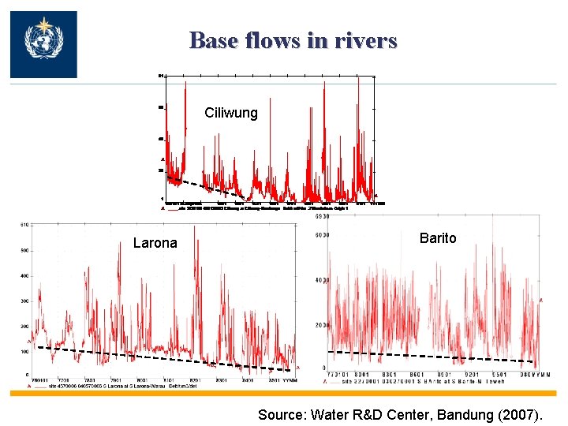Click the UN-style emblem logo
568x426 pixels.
tap(43, 44)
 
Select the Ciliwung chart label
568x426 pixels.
tap(230, 113)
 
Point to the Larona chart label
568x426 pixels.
tap(155, 243)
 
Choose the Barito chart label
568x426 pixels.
tap(438, 238)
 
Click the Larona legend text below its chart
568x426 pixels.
tap(118, 386)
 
